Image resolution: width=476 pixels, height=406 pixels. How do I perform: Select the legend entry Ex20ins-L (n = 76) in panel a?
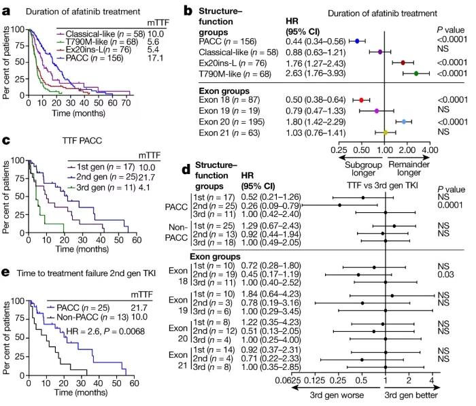(x=92, y=41)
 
